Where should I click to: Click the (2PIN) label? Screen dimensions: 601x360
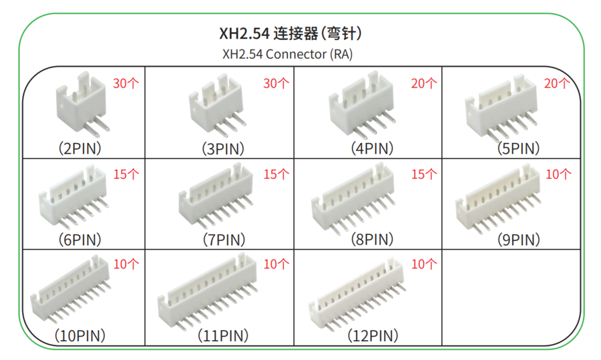tap(79, 148)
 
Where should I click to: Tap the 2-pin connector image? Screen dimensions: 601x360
tap(82, 104)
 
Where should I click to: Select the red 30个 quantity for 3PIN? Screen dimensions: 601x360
tap(276, 83)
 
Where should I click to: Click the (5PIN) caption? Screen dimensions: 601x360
tap(518, 148)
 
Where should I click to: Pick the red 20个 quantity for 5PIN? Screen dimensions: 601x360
tap(557, 83)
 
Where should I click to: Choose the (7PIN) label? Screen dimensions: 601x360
tap(224, 240)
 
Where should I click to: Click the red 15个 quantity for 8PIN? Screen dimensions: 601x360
tap(424, 174)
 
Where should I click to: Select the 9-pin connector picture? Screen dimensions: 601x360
tap(498, 198)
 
